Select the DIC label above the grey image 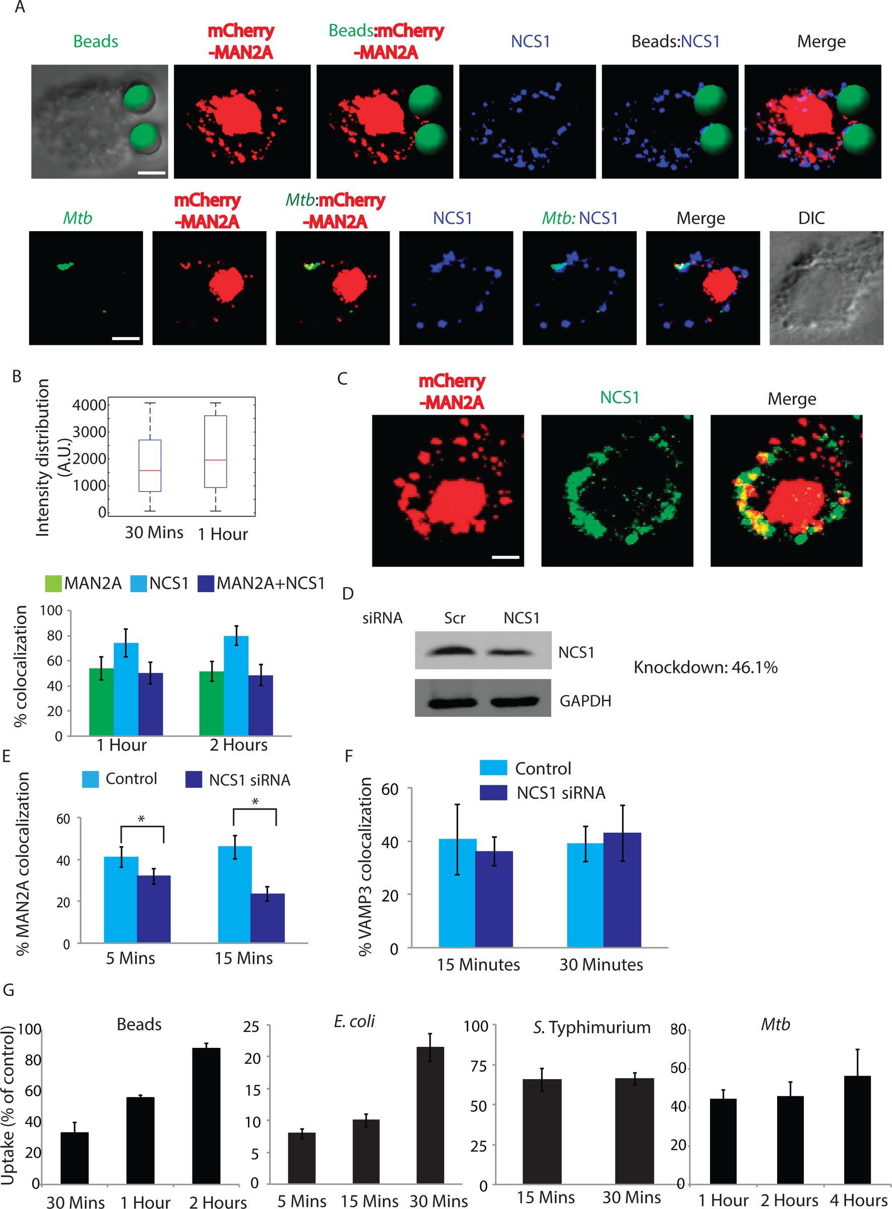811,218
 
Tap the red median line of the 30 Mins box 150,471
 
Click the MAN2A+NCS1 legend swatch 206,584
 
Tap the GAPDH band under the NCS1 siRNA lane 514,702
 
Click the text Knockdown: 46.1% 705,667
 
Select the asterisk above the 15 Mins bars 255,801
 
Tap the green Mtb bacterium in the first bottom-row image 65,265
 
